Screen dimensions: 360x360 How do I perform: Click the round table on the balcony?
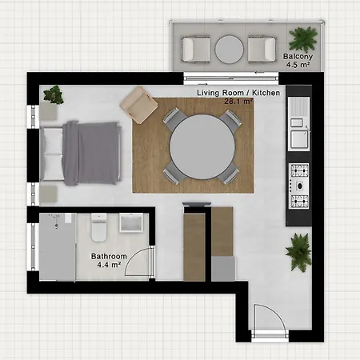click(x=230, y=50)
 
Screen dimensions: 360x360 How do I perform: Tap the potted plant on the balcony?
click(x=303, y=38)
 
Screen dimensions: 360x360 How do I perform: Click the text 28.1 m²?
click(x=238, y=102)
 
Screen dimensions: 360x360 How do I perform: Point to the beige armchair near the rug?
click(x=138, y=105)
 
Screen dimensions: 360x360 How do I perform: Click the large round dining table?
click(x=202, y=147)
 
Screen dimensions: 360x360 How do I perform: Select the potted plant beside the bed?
click(x=54, y=94)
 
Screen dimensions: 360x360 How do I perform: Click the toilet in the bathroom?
click(x=99, y=227)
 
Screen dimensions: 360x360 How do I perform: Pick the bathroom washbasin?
click(x=131, y=223)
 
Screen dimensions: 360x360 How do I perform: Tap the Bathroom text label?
click(x=109, y=257)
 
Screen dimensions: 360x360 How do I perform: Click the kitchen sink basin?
click(x=299, y=139)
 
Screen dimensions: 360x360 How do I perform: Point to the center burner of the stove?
click(x=299, y=186)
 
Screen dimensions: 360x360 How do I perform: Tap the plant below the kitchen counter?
click(x=299, y=252)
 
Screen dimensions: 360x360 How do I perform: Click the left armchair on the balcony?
click(x=195, y=50)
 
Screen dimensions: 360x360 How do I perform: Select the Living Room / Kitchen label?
click(x=238, y=93)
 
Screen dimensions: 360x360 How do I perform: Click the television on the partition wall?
click(x=197, y=205)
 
